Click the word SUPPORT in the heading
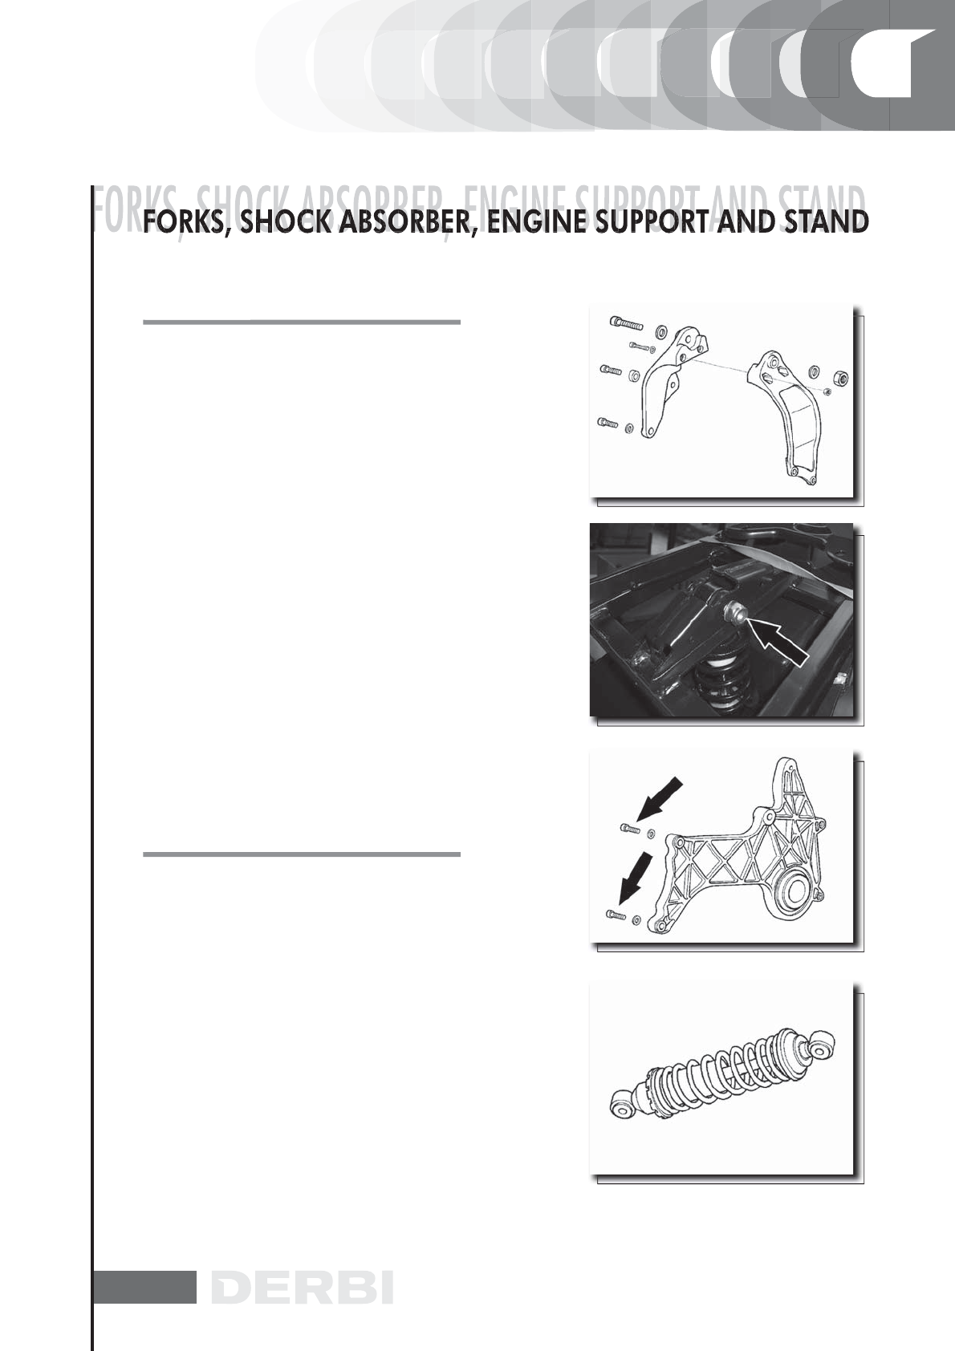[652, 222]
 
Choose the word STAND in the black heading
[826, 222]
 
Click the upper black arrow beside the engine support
[660, 800]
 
